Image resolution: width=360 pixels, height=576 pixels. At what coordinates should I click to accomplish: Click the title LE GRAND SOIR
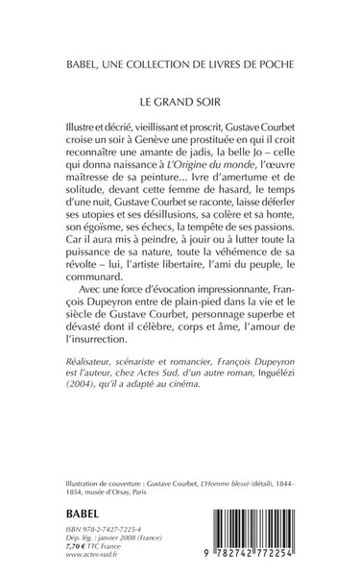point(180,99)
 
